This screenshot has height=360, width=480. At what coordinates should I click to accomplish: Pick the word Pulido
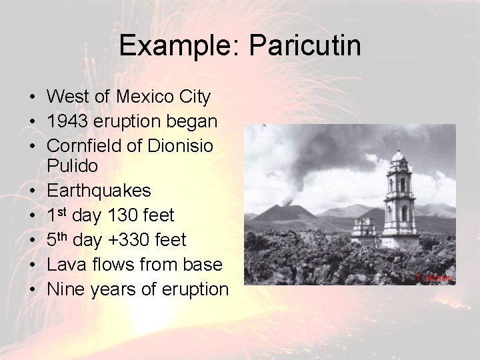[x=73, y=165]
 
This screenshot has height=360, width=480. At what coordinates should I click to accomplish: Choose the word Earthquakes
[x=99, y=191]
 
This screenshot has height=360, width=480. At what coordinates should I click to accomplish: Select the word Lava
[x=65, y=265]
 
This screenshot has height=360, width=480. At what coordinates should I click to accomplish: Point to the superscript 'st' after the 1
[x=64, y=211]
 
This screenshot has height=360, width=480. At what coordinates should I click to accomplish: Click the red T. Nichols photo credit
[x=434, y=277]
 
